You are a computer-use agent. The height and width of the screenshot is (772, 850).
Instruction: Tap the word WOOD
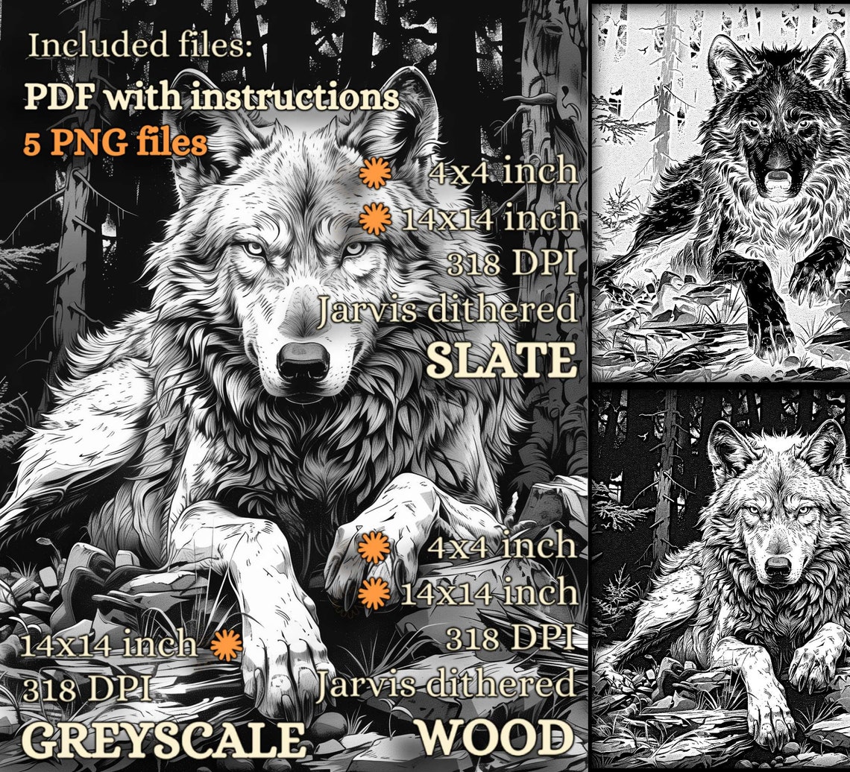click(497, 738)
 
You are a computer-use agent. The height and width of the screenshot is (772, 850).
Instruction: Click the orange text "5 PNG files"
click(115, 142)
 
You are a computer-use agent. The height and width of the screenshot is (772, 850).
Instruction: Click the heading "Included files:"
click(141, 45)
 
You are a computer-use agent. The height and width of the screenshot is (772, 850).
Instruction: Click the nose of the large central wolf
click(303, 361)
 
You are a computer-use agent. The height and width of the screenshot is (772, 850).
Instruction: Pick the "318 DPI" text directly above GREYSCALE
click(89, 689)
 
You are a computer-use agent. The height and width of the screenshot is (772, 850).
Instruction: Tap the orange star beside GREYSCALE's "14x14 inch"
click(226, 645)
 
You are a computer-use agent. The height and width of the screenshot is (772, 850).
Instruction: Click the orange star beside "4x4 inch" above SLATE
click(375, 174)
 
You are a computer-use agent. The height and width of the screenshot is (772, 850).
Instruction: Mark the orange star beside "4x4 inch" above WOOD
click(374, 548)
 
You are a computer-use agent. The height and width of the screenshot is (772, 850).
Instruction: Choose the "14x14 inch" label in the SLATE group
click(489, 219)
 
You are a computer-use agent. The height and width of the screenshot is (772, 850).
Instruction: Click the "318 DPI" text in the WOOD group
click(511, 638)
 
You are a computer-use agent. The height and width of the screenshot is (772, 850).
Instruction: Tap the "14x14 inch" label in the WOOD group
click(489, 594)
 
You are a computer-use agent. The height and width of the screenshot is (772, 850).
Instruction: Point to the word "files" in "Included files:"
click(217, 45)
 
